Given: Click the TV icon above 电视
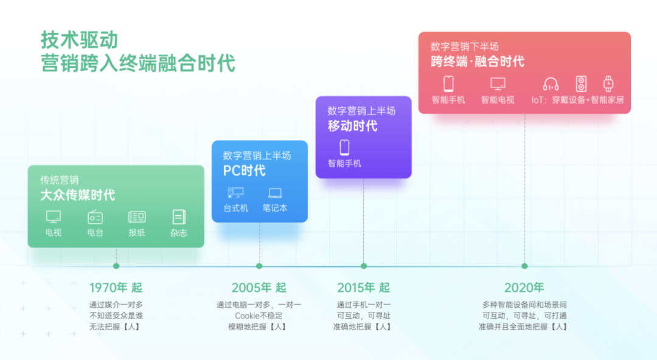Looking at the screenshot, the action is click(53, 216).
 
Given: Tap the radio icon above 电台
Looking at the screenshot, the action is click(95, 216).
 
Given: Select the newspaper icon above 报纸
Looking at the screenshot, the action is click(137, 216).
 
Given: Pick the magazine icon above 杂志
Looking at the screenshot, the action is click(178, 216).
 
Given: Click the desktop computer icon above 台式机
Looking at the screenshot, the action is click(235, 193).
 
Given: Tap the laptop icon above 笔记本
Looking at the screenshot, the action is click(275, 193).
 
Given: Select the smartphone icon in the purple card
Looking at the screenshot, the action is click(344, 148).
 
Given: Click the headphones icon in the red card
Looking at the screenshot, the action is click(551, 84).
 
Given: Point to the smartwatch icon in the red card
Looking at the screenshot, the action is click(608, 84).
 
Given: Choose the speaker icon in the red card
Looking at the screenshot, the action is click(581, 84).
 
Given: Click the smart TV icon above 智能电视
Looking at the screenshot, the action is click(498, 84).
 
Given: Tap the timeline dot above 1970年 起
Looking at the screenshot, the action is click(116, 266).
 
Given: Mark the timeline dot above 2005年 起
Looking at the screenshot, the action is click(259, 266).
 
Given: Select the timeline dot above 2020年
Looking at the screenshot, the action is click(524, 266).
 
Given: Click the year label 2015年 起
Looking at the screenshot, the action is click(364, 288).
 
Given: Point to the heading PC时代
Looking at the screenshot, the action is click(245, 170).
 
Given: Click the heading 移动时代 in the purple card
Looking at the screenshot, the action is click(352, 126).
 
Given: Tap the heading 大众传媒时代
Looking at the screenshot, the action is click(77, 195).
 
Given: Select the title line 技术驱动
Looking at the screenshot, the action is click(79, 40).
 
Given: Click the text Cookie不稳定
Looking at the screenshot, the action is click(259, 316).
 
